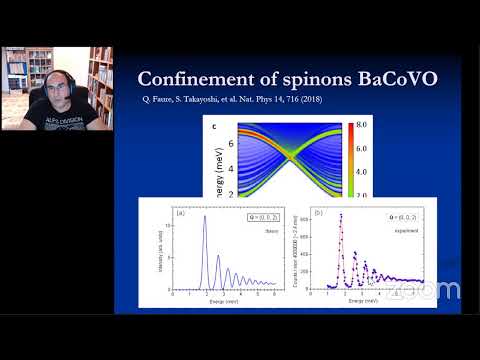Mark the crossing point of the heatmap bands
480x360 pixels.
click(290, 156)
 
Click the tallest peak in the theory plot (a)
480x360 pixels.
click(205, 219)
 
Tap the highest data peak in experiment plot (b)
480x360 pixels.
click(340, 217)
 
